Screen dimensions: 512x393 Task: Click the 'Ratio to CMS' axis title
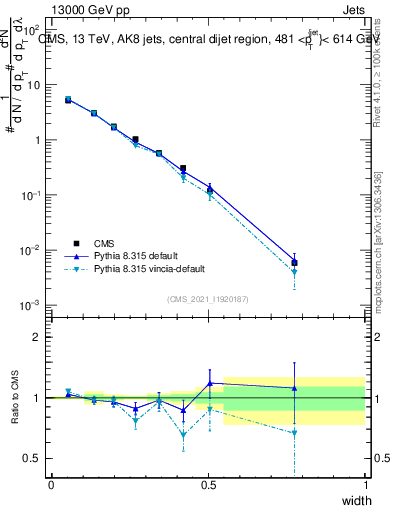point(14,398)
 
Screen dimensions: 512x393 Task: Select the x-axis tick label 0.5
point(208,485)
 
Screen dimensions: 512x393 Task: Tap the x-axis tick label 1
point(366,485)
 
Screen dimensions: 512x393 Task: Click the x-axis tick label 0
point(51,485)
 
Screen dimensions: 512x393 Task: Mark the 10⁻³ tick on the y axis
point(34,304)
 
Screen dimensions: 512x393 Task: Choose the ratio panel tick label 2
point(37,337)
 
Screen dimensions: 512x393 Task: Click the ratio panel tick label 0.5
point(32,459)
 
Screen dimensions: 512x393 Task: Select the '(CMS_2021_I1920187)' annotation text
point(208,299)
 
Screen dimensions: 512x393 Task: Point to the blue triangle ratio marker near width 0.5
point(209,383)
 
